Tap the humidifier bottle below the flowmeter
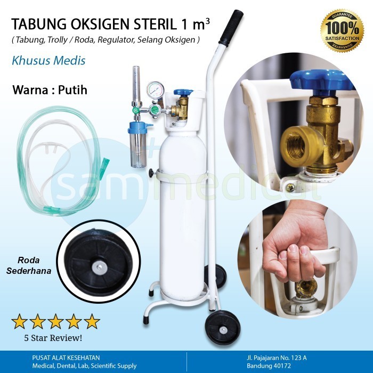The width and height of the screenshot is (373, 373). [139, 147]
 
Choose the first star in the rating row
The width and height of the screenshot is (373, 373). [20, 321]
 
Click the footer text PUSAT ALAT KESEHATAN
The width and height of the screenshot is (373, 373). [58, 357]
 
